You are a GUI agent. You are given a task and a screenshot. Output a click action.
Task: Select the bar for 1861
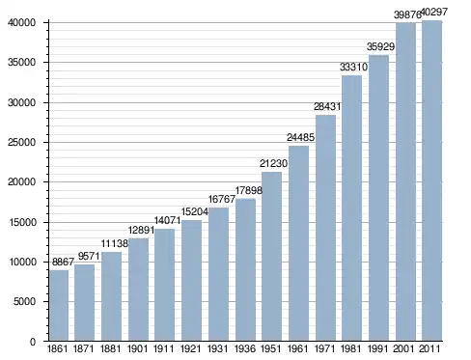[x=59, y=305]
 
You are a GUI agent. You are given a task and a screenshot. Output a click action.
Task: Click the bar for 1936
[x=245, y=269]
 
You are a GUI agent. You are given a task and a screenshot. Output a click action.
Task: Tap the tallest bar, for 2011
[x=431, y=180]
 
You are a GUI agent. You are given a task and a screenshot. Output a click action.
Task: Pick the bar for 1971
[x=325, y=228]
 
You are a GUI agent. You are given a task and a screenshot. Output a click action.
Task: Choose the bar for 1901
[x=138, y=290]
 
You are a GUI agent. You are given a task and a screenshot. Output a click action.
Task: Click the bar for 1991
[x=378, y=198]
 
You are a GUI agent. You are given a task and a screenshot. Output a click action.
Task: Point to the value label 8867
[x=63, y=262]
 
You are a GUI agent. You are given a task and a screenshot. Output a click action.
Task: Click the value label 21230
[x=273, y=163]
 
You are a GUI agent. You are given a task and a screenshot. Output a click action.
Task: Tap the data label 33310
[x=353, y=67]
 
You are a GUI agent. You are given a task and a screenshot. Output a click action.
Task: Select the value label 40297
[x=434, y=12]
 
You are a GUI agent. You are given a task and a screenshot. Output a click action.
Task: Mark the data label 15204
[x=195, y=211]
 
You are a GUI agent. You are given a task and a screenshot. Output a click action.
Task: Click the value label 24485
[x=300, y=137]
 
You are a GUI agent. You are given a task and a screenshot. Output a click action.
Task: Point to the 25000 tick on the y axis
[x=21, y=142]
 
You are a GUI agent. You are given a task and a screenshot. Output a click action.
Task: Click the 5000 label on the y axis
[x=24, y=301]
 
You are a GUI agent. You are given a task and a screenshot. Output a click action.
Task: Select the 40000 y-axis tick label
[x=21, y=23]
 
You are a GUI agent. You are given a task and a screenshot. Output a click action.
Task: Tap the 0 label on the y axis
[x=33, y=342]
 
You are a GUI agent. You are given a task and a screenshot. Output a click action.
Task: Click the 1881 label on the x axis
[x=110, y=348]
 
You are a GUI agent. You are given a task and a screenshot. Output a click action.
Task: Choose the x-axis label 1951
[x=271, y=348]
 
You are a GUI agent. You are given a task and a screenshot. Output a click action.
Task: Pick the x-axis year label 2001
[x=403, y=348]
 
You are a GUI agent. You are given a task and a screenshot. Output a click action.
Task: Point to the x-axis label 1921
[x=190, y=348]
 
